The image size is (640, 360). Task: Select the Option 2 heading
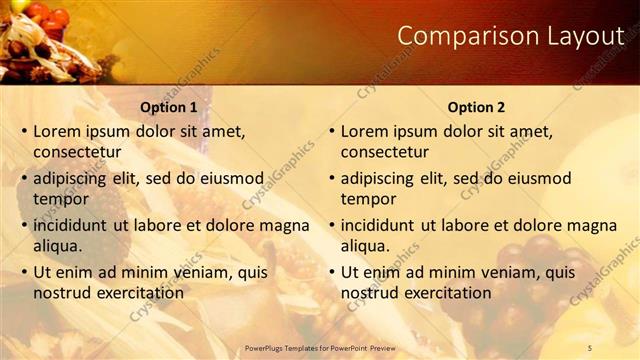(477, 107)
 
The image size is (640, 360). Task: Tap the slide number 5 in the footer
(589, 347)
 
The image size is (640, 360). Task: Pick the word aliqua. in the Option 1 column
(58, 246)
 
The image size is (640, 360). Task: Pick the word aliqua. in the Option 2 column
(366, 246)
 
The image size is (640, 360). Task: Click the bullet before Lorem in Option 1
(24, 131)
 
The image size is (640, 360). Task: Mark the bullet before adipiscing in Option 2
(332, 178)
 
